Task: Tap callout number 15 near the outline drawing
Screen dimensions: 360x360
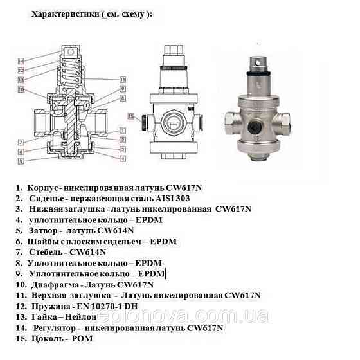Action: point(131,116)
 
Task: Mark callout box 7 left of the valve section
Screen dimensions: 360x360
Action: point(22,141)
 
